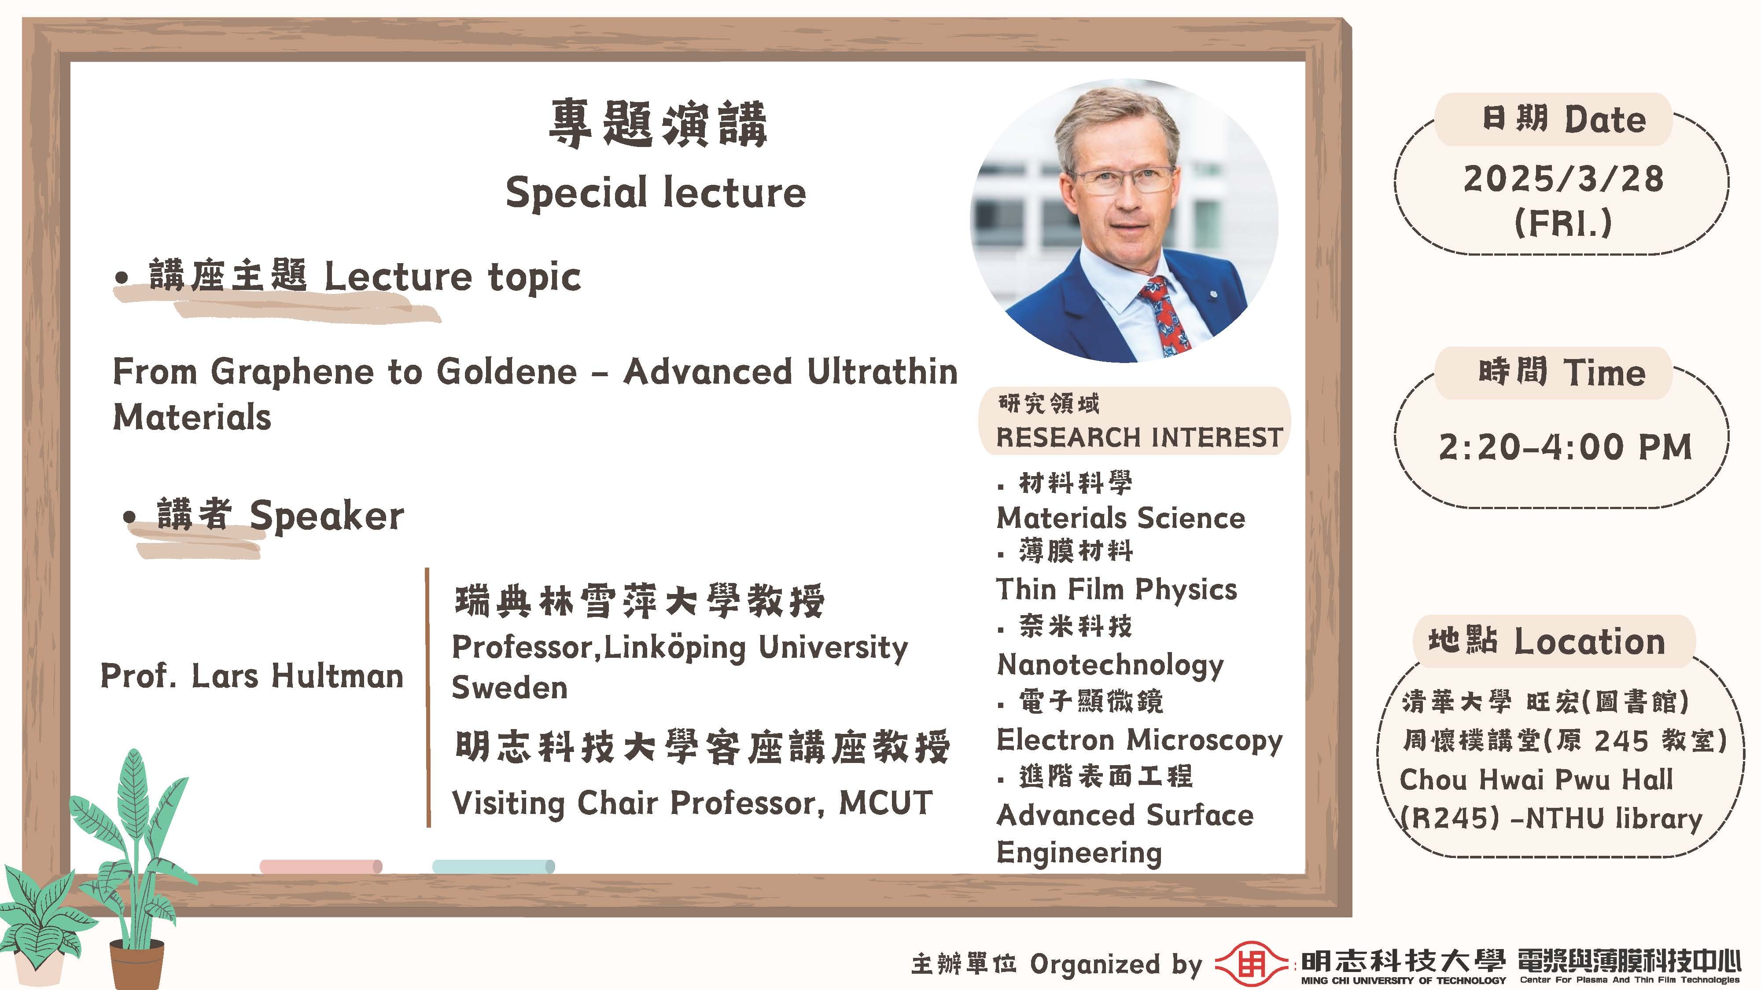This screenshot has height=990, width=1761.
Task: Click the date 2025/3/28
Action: pyautogui.click(x=1563, y=179)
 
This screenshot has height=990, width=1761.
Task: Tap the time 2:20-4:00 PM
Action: pyautogui.click(x=1565, y=447)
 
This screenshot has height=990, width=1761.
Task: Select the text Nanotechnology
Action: pyautogui.click(x=1110, y=665)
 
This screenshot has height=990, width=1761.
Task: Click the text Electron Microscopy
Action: pyautogui.click(x=1140, y=741)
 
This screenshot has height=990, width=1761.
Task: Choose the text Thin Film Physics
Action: pyautogui.click(x=1116, y=590)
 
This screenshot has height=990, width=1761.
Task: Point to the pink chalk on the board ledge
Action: pyautogui.click(x=321, y=866)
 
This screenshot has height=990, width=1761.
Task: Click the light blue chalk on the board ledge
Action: pyautogui.click(x=494, y=866)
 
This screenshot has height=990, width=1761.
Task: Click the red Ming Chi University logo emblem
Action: pyautogui.click(x=1251, y=964)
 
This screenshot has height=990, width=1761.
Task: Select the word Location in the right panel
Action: pyautogui.click(x=1589, y=642)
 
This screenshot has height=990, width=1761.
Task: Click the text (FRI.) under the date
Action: pyautogui.click(x=1563, y=223)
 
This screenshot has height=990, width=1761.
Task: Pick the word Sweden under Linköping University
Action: pyautogui.click(x=510, y=687)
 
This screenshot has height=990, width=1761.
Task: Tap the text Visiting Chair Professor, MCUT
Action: pyautogui.click(x=692, y=803)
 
